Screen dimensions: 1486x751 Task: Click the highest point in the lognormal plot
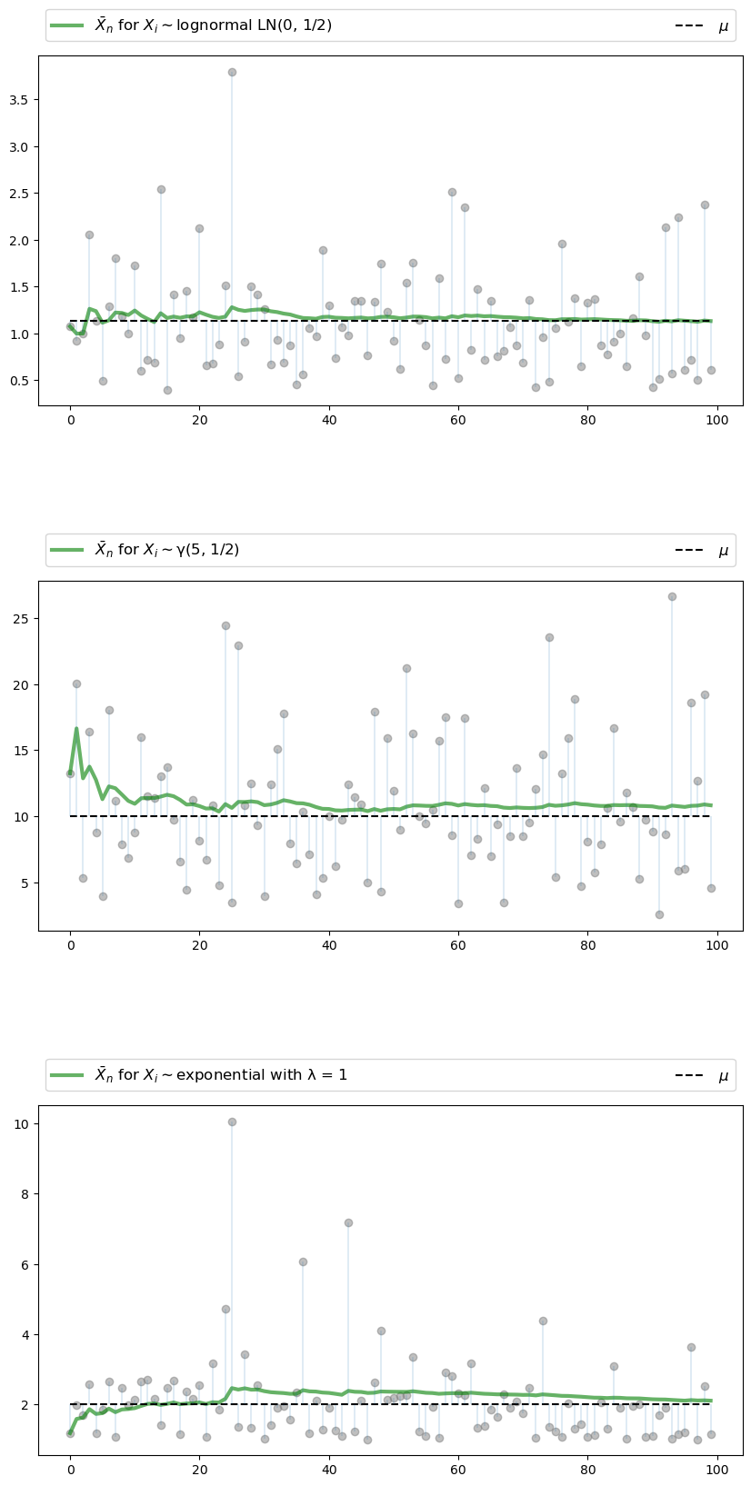(232, 72)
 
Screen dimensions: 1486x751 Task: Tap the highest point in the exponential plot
(232, 1122)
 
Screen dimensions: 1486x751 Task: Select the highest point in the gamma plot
(672, 596)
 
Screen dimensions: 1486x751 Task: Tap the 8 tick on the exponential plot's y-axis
(27, 1194)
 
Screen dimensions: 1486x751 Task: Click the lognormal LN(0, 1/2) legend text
(213, 25)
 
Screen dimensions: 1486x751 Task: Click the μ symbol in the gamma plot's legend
(723, 550)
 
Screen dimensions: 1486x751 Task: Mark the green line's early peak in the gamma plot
(76, 728)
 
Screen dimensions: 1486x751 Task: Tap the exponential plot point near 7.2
(348, 1222)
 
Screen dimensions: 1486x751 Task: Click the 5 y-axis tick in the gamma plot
(27, 883)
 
